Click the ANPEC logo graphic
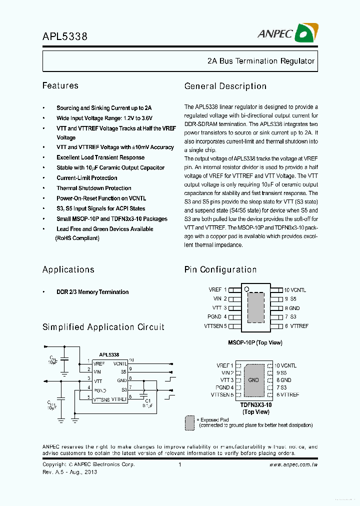[306, 33]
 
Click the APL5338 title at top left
[64, 36]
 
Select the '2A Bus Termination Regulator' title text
[260, 61]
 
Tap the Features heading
[60, 86]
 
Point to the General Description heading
[225, 86]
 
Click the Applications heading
[68, 270]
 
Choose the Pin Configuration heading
[220, 270]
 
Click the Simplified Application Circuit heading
[103, 327]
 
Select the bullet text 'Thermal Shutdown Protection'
[93, 188]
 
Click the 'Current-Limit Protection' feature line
[86, 178]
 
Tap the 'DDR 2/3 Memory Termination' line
[92, 292]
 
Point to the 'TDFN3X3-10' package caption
[255, 405]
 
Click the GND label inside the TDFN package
[253, 380]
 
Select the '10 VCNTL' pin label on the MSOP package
[295, 290]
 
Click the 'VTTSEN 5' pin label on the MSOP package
[215, 326]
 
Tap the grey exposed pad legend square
[190, 422]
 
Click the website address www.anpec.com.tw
[293, 464]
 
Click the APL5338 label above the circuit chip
[108, 354]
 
